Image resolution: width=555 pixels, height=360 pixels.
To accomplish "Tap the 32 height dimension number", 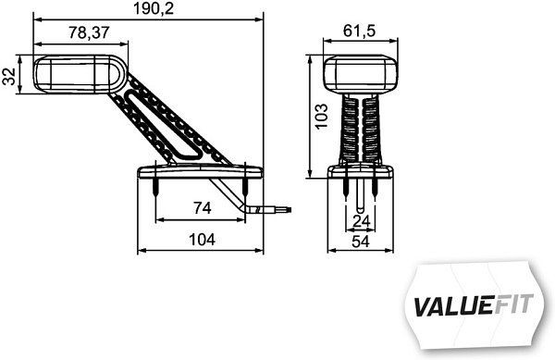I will pos(9,75).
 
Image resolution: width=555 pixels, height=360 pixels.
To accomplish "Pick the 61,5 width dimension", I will pos(361,32).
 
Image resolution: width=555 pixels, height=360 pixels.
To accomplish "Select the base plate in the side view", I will pos(198,172).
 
